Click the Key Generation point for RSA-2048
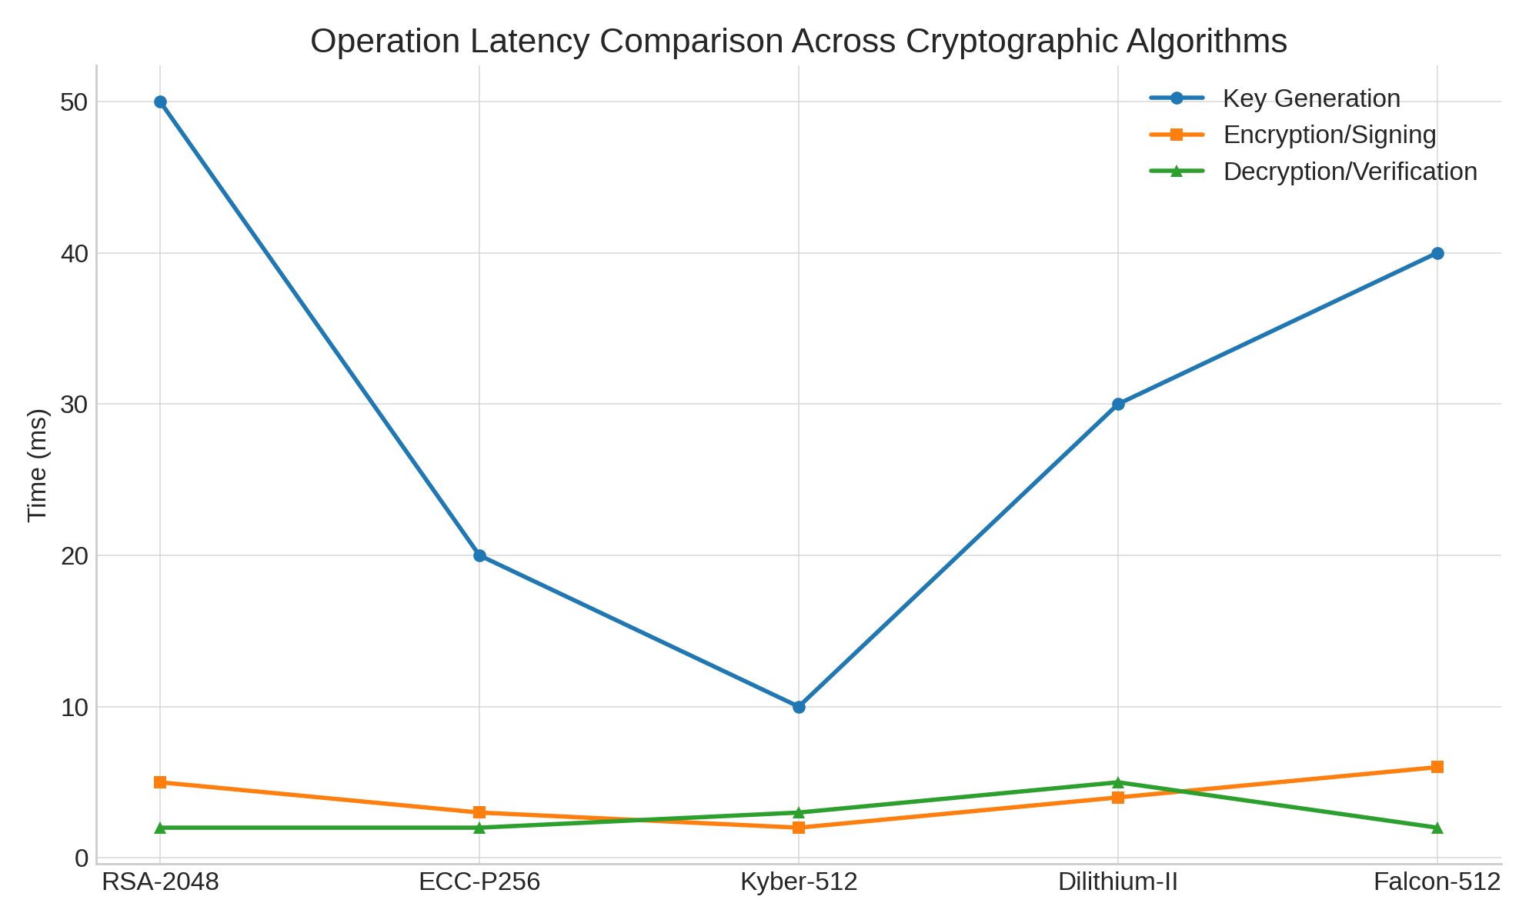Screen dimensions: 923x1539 coord(160,102)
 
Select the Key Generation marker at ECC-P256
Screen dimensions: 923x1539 coord(479,555)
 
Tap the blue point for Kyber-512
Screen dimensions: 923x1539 coord(799,707)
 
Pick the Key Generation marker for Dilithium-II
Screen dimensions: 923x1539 coord(1118,405)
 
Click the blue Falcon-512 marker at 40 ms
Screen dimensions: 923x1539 coord(1437,253)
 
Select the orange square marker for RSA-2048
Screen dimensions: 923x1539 coord(160,782)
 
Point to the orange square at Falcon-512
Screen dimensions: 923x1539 coord(1437,767)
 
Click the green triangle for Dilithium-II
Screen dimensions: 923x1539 coord(1118,782)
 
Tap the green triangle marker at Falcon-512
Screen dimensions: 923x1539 coord(1437,828)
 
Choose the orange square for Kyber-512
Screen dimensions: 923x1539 coord(799,828)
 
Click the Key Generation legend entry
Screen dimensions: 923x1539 coord(1310,98)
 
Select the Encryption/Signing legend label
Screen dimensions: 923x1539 coord(1329,135)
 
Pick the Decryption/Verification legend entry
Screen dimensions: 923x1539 coord(1350,172)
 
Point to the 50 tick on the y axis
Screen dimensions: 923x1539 coord(75,102)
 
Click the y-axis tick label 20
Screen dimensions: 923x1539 coord(75,555)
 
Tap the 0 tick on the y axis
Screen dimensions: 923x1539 coord(82,858)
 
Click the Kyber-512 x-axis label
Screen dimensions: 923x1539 coord(799,882)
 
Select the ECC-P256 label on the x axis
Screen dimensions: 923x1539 coord(479,882)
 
